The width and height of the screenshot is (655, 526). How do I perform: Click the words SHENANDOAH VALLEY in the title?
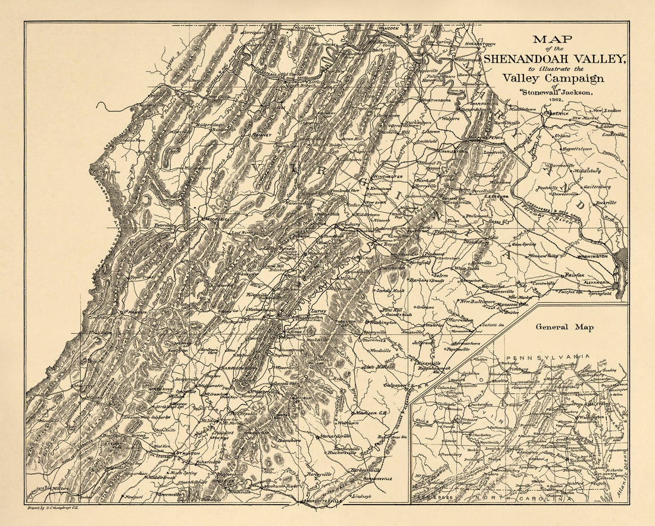pos(555,58)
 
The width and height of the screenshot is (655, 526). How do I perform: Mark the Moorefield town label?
pos(218,219)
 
